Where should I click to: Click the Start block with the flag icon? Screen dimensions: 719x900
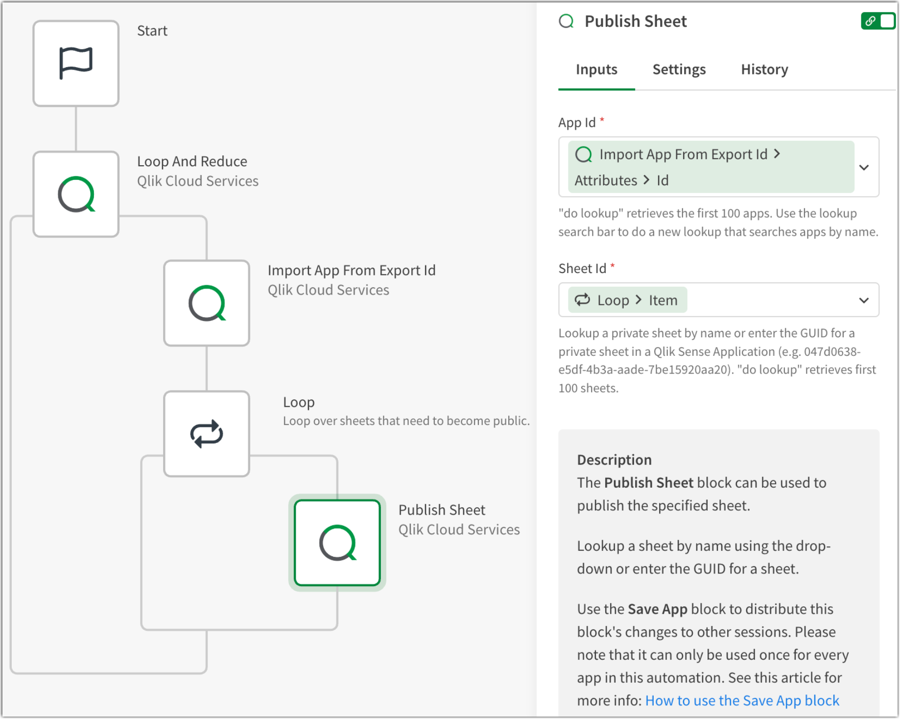point(76,63)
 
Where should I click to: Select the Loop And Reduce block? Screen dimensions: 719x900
point(76,194)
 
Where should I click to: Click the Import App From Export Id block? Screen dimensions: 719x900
point(207,303)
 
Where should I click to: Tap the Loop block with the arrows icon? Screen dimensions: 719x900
point(207,434)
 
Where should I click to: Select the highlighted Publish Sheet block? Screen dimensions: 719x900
point(337,543)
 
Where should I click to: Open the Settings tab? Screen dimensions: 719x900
point(679,70)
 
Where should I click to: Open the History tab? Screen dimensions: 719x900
point(764,70)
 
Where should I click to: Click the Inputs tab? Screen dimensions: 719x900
point(596,70)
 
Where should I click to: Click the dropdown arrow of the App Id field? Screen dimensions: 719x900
point(864,167)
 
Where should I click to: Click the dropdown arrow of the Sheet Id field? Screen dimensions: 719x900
point(864,300)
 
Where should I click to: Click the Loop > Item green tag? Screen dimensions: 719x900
point(627,300)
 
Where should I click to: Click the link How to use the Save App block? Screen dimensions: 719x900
point(742,700)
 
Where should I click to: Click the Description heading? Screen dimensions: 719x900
point(614,460)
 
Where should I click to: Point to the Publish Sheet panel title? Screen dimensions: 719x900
point(635,22)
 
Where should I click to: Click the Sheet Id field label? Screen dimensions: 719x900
point(582,269)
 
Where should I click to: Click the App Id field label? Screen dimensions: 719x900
point(577,123)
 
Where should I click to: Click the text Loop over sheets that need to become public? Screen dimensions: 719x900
point(406,421)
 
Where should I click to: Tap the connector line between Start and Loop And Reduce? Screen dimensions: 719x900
point(76,128)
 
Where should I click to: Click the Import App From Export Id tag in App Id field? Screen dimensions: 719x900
point(683,154)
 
